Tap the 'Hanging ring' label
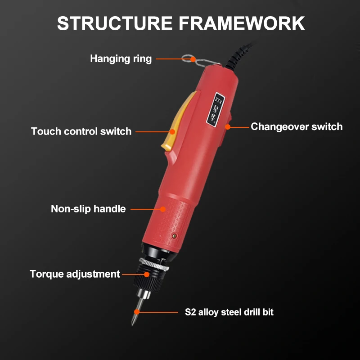[x=121, y=58]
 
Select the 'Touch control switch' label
[x=81, y=131]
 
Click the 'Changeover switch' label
[x=297, y=126]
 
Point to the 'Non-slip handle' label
[x=88, y=209]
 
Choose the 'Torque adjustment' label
[x=75, y=274]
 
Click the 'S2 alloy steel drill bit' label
[x=229, y=312]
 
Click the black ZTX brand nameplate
[x=214, y=108]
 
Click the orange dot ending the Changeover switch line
[x=228, y=127]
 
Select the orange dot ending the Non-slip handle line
[x=163, y=209]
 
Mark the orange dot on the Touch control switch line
[x=172, y=132]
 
